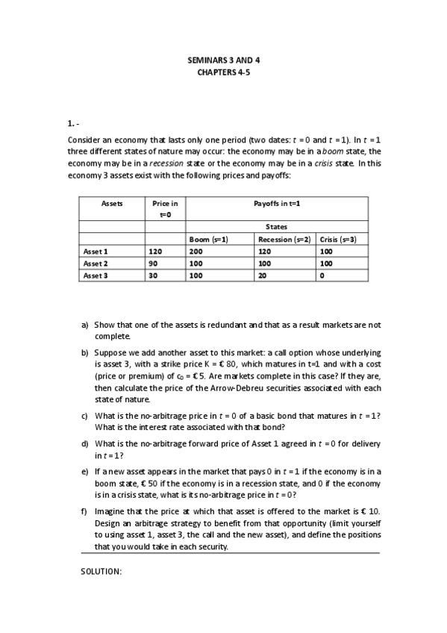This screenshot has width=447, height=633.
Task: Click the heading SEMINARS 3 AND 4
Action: (x=223, y=60)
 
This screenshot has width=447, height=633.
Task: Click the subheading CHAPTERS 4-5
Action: (x=223, y=72)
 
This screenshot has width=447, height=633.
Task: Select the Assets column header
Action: (x=112, y=203)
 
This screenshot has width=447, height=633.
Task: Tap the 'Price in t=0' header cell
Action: (x=165, y=208)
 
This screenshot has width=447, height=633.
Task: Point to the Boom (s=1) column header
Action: (x=208, y=240)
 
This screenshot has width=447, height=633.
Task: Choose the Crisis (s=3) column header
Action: (x=339, y=240)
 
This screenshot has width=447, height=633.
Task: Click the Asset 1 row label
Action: (x=96, y=252)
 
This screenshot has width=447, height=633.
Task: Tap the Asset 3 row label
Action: (x=96, y=275)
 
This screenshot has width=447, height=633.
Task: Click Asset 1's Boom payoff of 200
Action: (x=196, y=252)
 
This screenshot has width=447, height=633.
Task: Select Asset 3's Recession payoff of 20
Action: (x=262, y=275)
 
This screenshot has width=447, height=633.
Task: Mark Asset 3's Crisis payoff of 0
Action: (x=322, y=275)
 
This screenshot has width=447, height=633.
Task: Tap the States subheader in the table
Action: (x=276, y=227)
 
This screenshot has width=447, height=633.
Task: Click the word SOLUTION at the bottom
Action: (x=101, y=571)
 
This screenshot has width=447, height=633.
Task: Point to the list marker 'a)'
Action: (x=85, y=325)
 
